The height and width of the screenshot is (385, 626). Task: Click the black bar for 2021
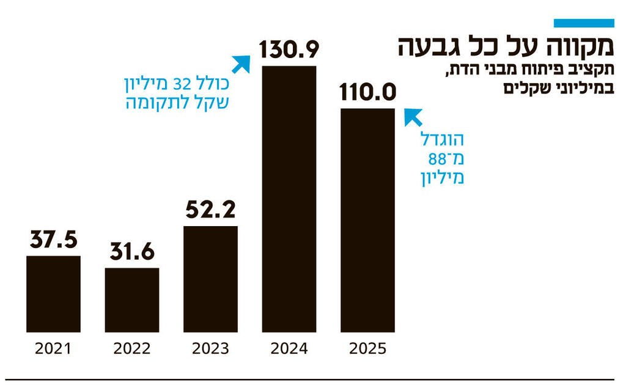coord(53,293)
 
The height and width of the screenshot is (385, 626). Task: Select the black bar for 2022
coord(132,299)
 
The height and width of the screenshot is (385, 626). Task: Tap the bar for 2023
coord(210,279)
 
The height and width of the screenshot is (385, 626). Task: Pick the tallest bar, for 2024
coord(289,199)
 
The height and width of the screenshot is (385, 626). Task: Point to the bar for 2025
coord(367,220)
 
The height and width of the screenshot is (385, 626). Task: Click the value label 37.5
coord(53,241)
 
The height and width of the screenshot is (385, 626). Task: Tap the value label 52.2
coord(210,211)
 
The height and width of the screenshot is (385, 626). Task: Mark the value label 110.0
coord(367,93)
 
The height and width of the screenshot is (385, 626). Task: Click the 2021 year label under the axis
coord(53,349)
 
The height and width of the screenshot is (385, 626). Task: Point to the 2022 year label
coord(132,349)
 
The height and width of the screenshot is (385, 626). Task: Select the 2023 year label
coord(210,349)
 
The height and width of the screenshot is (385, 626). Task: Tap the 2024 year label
coord(289,349)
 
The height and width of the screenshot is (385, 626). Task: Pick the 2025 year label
coord(367,349)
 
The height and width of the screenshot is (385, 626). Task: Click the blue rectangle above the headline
coord(583,23)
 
